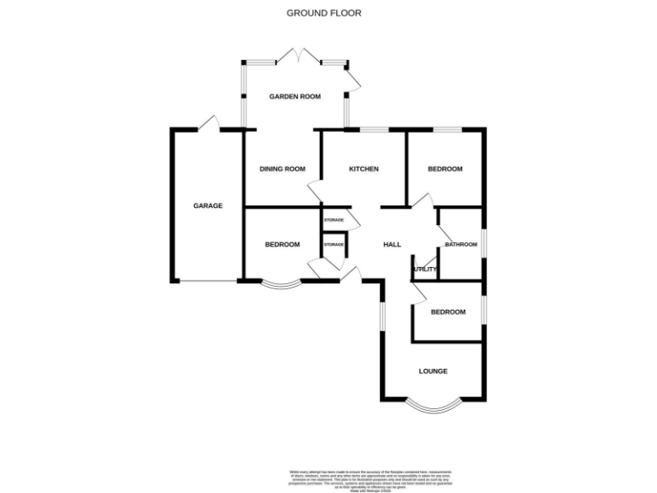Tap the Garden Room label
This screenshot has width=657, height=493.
[295, 97]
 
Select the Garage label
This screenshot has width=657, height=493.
[208, 205]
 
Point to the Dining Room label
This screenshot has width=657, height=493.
[282, 169]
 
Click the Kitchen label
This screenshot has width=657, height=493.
[364, 169]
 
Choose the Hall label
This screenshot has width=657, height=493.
[392, 245]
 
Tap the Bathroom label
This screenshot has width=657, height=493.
[460, 245]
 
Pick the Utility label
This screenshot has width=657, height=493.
[425, 270]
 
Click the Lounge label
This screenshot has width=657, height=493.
[433, 371]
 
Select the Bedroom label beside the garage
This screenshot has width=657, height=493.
[282, 245]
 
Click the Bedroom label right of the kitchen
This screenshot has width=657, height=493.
[445, 169]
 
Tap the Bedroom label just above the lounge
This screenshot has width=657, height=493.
[448, 312]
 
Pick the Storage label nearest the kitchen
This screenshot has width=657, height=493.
[334, 221]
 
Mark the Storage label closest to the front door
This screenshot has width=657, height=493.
[334, 246]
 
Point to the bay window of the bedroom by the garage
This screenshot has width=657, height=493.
[281, 286]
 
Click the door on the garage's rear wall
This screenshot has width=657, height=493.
[209, 126]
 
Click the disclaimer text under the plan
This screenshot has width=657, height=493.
[381, 476]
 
